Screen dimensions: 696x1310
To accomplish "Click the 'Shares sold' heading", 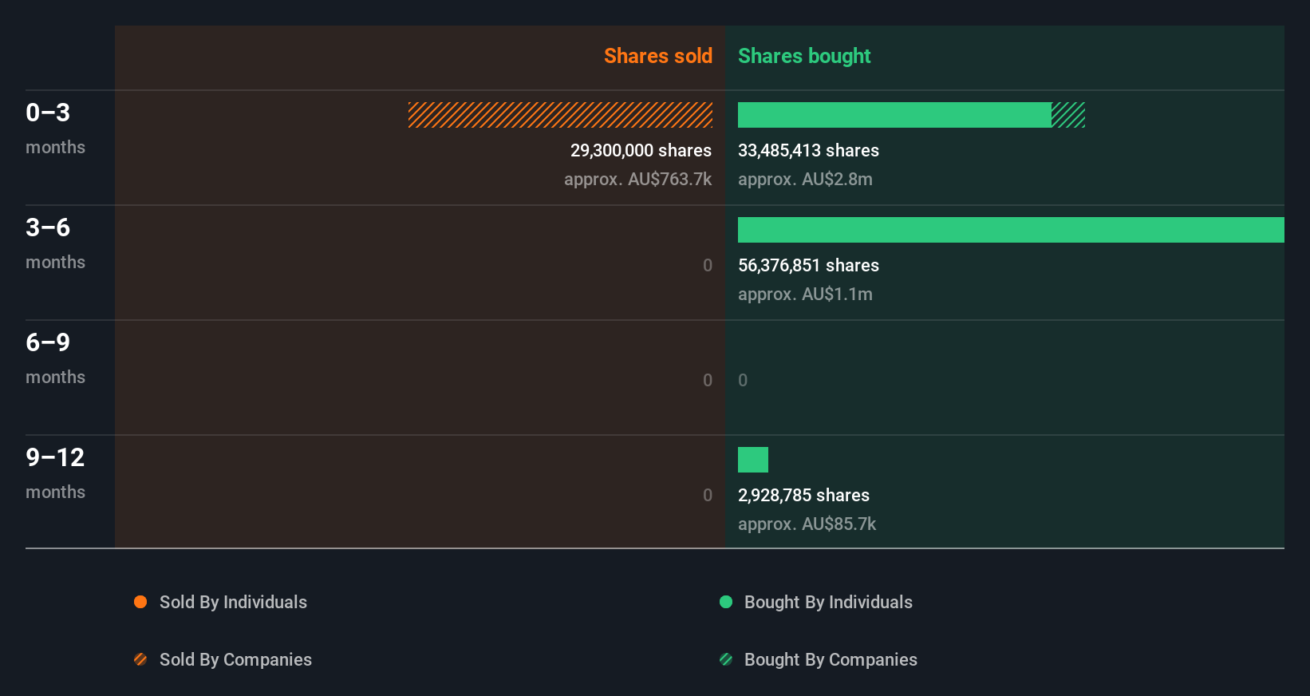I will tap(657, 56).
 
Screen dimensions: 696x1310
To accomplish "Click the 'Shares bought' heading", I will tap(803, 56).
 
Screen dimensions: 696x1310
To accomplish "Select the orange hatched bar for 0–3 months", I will tap(560, 115).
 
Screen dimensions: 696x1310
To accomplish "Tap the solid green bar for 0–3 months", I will tap(894, 115).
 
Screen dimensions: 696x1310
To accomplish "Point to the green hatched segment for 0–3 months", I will tap(1068, 115).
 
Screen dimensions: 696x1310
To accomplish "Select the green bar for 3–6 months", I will tap(1010, 230).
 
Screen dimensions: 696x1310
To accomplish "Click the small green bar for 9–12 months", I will tap(752, 460).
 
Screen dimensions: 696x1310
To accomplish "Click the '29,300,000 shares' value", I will tap(641, 150).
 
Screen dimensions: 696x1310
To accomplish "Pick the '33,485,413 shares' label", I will tap(808, 150).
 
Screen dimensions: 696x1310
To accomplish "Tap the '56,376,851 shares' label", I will tap(808, 265).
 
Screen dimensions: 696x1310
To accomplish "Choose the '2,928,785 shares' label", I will tap(803, 495).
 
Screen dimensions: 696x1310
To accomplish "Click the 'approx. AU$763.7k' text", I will tap(637, 179).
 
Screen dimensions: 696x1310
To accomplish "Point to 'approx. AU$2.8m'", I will tap(805, 179).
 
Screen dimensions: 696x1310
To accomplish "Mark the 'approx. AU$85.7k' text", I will tap(807, 524).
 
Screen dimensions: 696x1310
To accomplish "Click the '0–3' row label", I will tap(48, 113).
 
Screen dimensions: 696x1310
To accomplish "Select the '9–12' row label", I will tap(54, 457).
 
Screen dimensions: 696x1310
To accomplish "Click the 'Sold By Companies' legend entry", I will tap(235, 659).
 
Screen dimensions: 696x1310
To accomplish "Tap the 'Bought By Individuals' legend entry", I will tap(828, 602).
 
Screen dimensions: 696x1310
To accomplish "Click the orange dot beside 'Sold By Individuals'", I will tap(140, 602).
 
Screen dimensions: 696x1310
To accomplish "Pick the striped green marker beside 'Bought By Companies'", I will tap(726, 659).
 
